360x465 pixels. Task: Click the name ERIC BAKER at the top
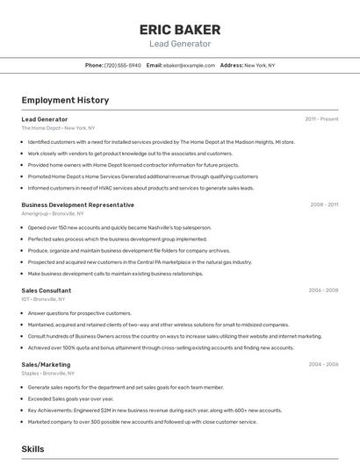(x=179, y=30)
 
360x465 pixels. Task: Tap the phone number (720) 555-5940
(x=122, y=65)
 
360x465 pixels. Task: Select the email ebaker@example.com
(x=188, y=65)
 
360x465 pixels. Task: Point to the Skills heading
(x=33, y=449)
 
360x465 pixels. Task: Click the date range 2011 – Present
(x=321, y=118)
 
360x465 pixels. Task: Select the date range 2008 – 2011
(x=324, y=204)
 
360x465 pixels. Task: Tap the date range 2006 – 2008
(x=323, y=290)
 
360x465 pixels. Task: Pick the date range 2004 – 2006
(x=323, y=364)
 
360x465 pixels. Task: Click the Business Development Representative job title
(x=77, y=204)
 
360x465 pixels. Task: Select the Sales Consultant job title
(x=47, y=290)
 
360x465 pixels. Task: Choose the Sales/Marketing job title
(x=46, y=364)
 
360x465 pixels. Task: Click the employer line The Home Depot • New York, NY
(x=58, y=128)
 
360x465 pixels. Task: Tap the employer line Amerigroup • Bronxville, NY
(x=53, y=214)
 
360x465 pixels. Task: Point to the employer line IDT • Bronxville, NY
(x=45, y=300)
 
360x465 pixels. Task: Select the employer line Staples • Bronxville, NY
(x=49, y=374)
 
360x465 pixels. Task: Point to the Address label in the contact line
(x=231, y=65)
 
